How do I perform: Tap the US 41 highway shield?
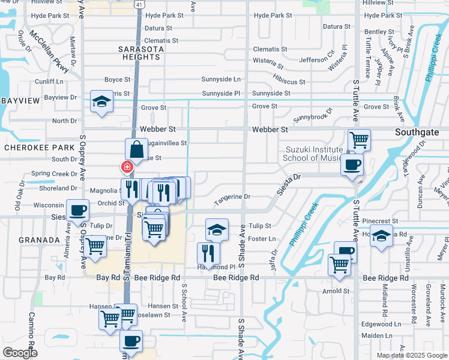point(139,4)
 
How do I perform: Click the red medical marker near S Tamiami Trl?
point(127,167)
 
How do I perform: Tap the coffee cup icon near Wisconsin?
point(77,210)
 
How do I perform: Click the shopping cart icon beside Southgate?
point(359,140)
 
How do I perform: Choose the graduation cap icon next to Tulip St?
point(217,229)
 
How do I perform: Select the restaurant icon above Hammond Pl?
point(208,251)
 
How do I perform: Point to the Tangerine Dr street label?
point(232,197)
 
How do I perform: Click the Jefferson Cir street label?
point(316,60)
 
